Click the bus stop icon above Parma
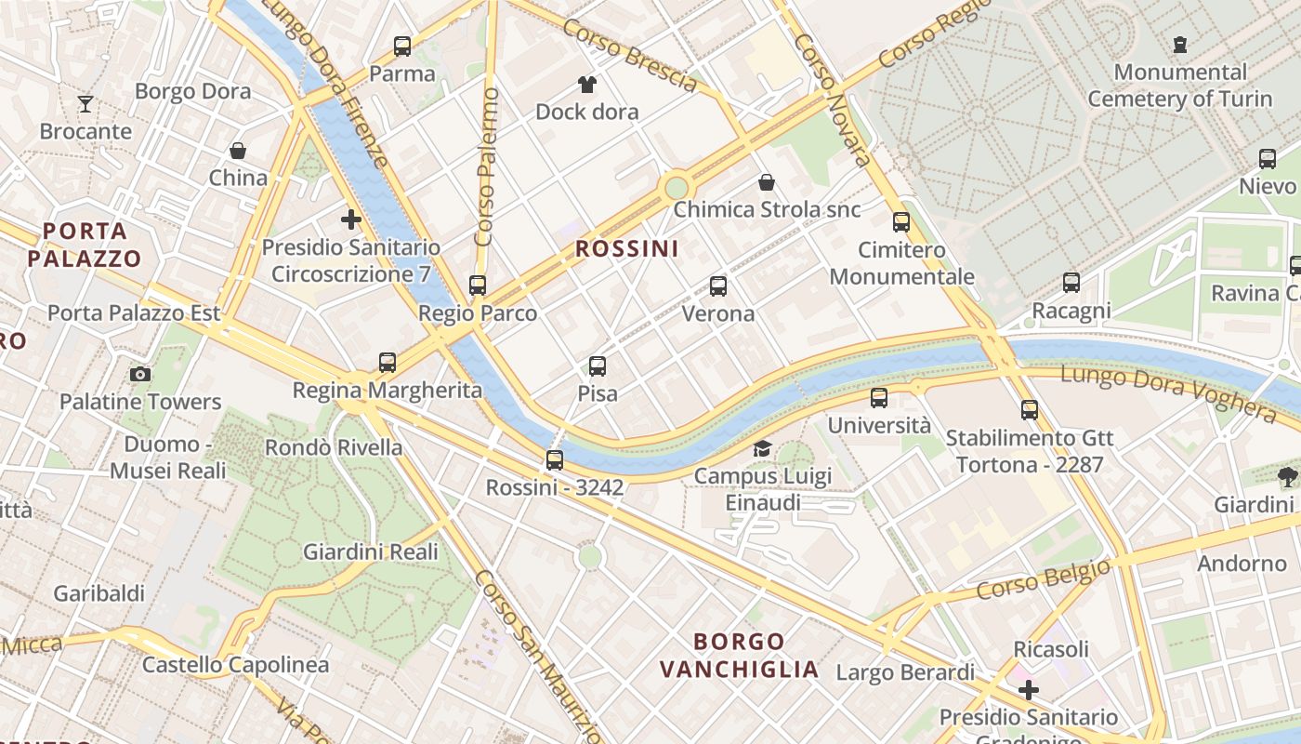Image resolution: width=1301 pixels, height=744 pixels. (402, 46)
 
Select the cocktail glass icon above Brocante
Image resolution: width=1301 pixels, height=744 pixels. (85, 103)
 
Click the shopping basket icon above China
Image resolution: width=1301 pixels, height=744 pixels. (238, 151)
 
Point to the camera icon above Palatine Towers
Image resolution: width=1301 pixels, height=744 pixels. (140, 375)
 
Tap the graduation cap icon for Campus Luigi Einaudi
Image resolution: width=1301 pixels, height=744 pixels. (762, 449)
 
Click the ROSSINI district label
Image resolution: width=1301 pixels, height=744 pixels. (626, 249)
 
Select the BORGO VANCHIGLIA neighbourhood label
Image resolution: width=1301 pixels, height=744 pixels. (740, 655)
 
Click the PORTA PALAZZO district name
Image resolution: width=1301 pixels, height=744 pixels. (85, 245)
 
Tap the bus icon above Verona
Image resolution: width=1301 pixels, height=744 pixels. (718, 286)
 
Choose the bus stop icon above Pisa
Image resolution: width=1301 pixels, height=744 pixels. (598, 366)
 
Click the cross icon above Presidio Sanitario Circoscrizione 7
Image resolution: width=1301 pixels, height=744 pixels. (350, 220)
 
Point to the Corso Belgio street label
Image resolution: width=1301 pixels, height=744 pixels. (1043, 579)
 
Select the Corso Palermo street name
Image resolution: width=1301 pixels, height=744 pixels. (486, 167)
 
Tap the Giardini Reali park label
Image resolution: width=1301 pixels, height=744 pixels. (370, 551)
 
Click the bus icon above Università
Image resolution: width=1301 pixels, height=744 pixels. (879, 398)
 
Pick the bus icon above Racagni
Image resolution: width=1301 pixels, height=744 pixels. (1071, 283)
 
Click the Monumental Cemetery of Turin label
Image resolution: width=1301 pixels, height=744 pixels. (1179, 85)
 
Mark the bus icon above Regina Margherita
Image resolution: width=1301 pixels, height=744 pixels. (388, 363)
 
